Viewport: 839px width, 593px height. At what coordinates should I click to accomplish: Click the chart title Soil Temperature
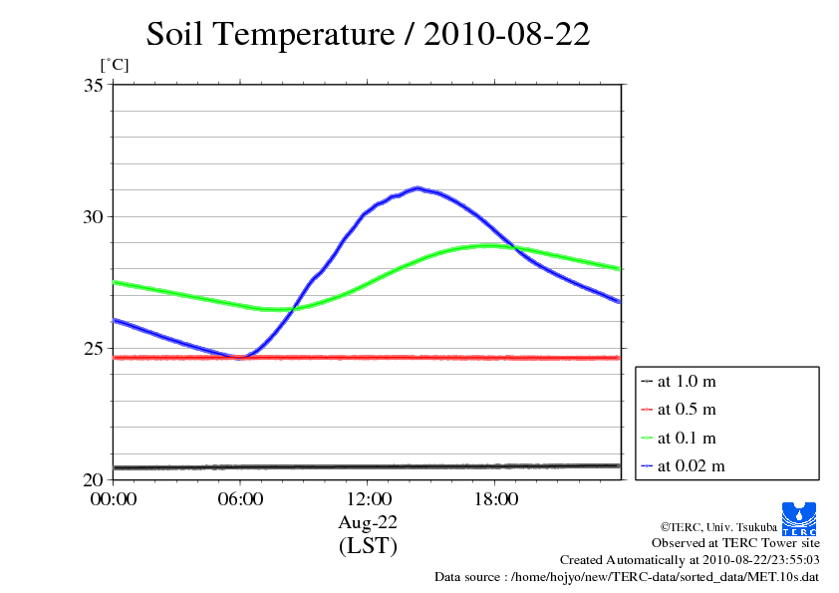point(368,34)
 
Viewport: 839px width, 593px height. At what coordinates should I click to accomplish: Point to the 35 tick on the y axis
point(93,86)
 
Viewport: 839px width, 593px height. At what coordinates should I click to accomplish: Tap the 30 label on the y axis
point(93,217)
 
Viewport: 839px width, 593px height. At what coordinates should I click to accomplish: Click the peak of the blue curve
point(418,187)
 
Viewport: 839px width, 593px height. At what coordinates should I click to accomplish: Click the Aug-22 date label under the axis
point(368,522)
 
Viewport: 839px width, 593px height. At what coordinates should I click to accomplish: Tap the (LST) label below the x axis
point(368,546)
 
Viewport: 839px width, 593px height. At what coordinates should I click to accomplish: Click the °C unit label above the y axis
point(114,65)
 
